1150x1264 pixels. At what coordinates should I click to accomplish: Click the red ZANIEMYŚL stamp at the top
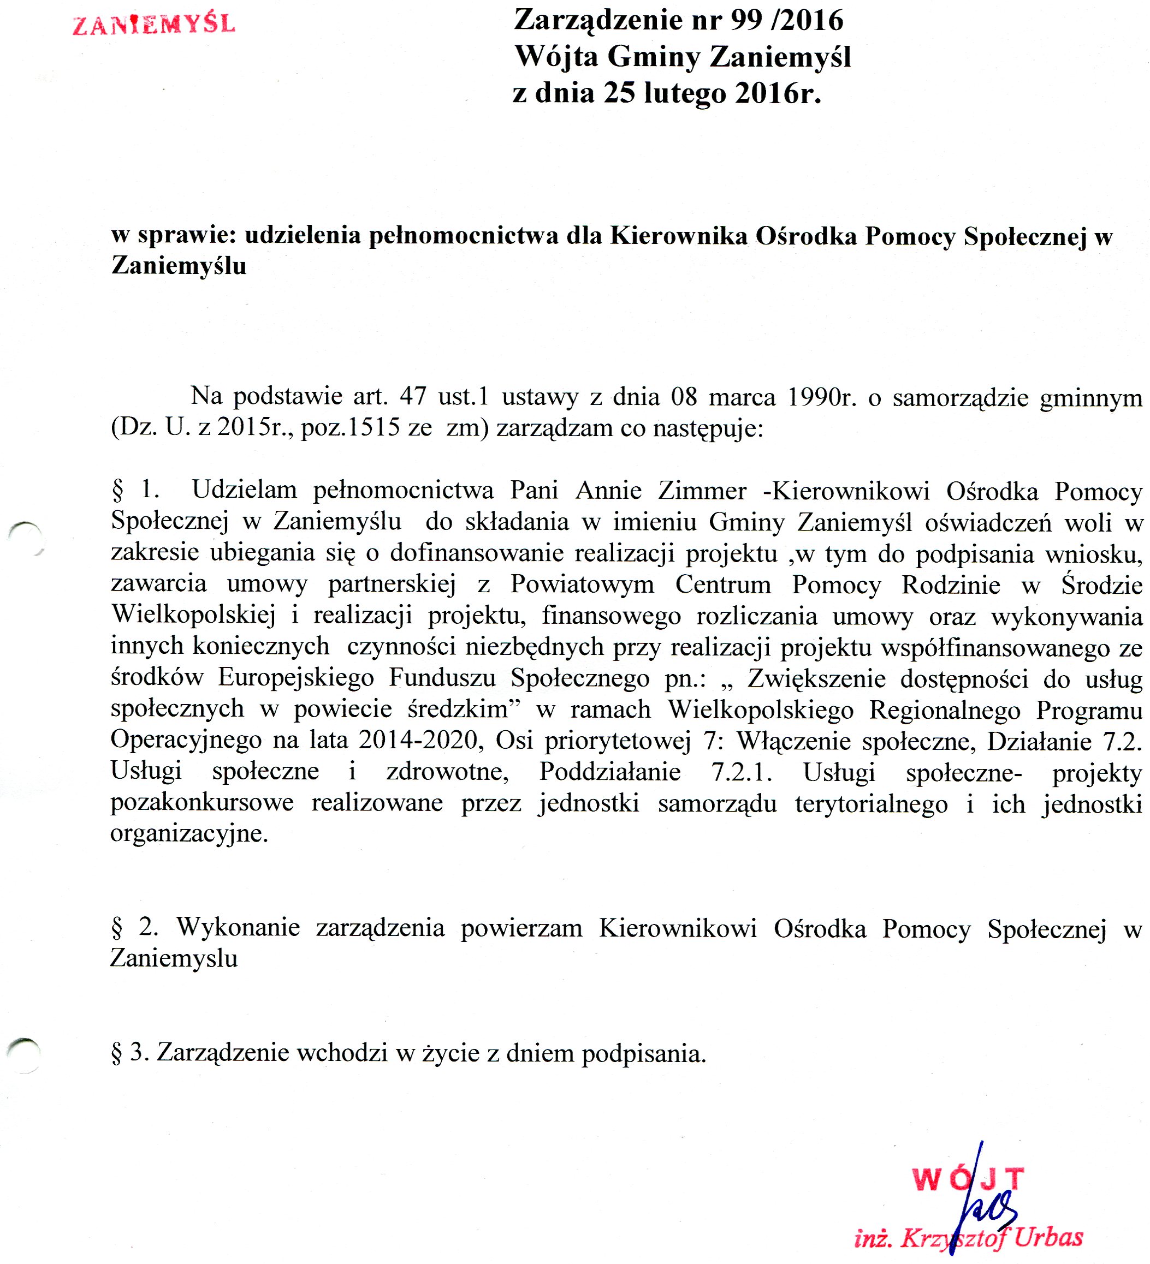pyautogui.click(x=153, y=24)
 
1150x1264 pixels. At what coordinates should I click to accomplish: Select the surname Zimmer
pyautogui.click(x=702, y=490)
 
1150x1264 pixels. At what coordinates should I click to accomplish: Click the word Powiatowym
pyautogui.click(x=582, y=584)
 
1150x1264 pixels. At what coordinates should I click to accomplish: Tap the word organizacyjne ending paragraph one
pyautogui.click(x=189, y=834)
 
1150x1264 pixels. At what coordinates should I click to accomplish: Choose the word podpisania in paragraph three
pyautogui.click(x=644, y=1053)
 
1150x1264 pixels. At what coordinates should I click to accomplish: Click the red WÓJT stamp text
pyautogui.click(x=968, y=1179)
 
